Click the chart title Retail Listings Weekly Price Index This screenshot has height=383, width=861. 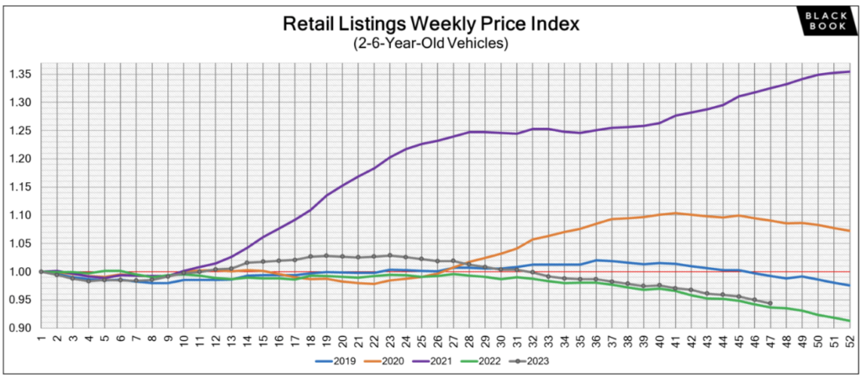pyautogui.click(x=430, y=24)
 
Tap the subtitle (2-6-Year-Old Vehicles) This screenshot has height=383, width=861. pyautogui.click(x=430, y=45)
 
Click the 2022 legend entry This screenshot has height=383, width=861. pyautogui.click(x=478, y=362)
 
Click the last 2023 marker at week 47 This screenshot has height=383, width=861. pyautogui.click(x=770, y=303)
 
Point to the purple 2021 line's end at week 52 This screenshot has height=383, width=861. pyautogui.click(x=850, y=72)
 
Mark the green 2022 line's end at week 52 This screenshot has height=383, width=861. pyautogui.click(x=850, y=321)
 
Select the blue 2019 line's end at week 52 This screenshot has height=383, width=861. pyautogui.click(x=850, y=286)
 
